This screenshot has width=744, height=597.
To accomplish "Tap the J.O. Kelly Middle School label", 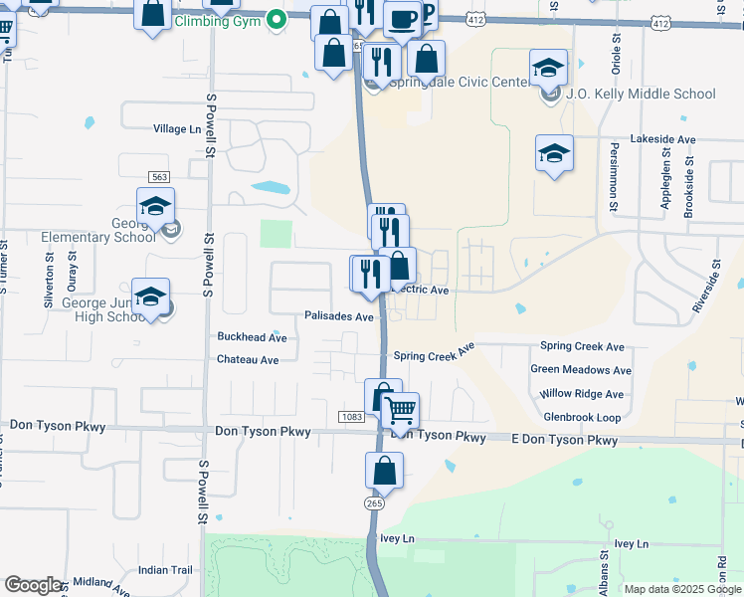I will (641, 95).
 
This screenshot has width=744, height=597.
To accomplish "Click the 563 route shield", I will (158, 176).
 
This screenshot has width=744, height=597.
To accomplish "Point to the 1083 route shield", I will (350, 416).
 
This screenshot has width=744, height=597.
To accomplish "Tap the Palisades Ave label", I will (339, 316).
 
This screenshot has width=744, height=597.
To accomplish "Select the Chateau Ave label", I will (248, 360).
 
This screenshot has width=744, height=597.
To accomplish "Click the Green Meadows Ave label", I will (581, 370).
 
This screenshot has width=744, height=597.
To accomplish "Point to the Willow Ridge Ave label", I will (583, 394).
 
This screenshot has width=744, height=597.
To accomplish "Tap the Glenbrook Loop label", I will (582, 418).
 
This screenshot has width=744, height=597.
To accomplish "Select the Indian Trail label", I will (165, 570).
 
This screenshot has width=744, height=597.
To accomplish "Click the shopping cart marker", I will (400, 409).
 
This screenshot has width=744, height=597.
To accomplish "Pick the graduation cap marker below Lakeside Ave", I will (554, 153).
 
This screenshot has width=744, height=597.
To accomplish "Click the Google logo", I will (33, 585).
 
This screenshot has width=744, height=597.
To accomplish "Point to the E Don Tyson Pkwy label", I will (564, 440).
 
